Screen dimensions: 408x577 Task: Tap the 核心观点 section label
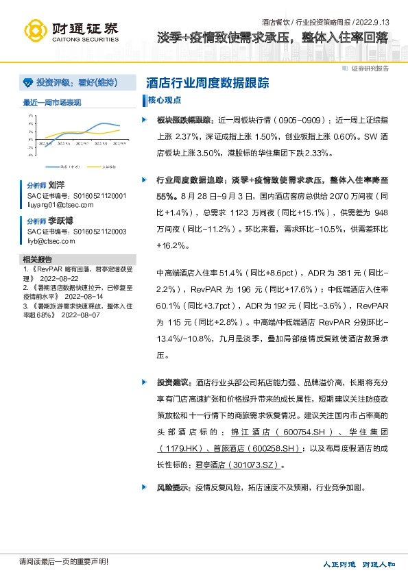(x=165, y=100)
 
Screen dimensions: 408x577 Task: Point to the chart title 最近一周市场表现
(x=52, y=102)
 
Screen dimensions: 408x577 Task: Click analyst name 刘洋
(x=56, y=185)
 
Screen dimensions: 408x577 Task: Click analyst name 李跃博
(x=60, y=221)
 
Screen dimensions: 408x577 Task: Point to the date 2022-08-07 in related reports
(x=80, y=315)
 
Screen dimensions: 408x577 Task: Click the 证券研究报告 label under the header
(x=370, y=69)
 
